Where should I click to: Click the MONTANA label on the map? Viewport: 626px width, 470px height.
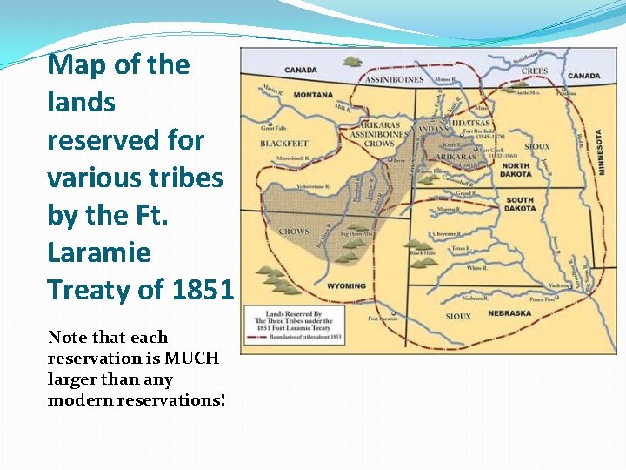(x=313, y=94)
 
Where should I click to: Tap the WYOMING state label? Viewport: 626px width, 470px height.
(x=346, y=286)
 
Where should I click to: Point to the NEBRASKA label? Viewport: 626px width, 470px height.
(x=510, y=312)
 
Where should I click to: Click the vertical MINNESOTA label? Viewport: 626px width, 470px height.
(x=599, y=152)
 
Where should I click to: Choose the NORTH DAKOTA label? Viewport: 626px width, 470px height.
(x=516, y=171)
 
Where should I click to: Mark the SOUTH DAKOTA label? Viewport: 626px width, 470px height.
(x=520, y=205)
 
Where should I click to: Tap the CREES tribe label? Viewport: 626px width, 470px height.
(x=535, y=71)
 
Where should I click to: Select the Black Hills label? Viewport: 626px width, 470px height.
(x=423, y=253)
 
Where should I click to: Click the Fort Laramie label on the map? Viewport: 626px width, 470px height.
(x=383, y=319)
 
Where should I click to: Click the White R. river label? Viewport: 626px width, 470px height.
(x=476, y=268)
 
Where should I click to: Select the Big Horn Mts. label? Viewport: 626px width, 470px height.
(x=356, y=234)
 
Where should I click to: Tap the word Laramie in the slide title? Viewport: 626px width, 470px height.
(x=99, y=252)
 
